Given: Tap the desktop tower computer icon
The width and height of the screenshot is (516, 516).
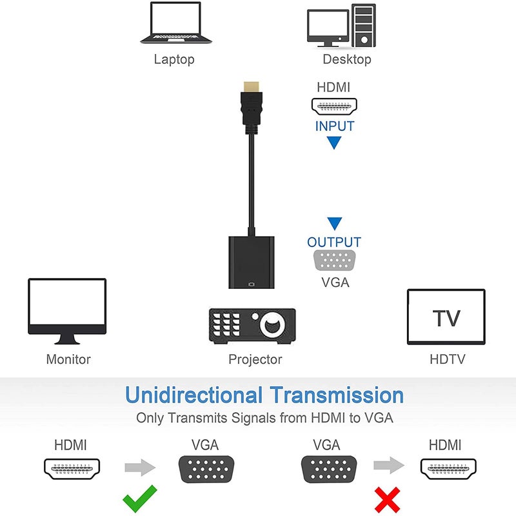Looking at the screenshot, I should pyautogui.click(x=341, y=26).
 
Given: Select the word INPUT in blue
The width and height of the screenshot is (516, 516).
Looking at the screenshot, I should pyautogui.click(x=334, y=126).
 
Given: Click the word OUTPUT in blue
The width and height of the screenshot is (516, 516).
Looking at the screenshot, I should pyautogui.click(x=334, y=243).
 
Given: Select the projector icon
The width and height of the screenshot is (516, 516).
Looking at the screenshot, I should pyautogui.click(x=252, y=324).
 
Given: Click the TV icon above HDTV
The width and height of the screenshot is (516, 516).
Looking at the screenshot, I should pyautogui.click(x=446, y=317).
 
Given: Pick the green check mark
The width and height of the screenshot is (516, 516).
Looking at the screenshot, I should pyautogui.click(x=139, y=499).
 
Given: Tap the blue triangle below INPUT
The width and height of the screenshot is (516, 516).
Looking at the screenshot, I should pyautogui.click(x=333, y=143).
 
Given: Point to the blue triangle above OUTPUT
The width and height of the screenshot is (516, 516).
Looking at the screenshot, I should pyautogui.click(x=333, y=224).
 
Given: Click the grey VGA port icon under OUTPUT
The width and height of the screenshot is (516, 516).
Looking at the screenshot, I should pyautogui.click(x=334, y=261).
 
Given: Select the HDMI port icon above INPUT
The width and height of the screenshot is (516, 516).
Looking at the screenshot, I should pyautogui.click(x=334, y=106).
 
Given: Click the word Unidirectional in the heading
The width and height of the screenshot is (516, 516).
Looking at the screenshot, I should pyautogui.click(x=193, y=395).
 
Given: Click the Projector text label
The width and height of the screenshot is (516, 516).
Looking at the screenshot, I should pyautogui.click(x=255, y=359).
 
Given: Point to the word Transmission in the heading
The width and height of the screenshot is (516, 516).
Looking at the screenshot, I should pyautogui.click(x=337, y=395).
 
